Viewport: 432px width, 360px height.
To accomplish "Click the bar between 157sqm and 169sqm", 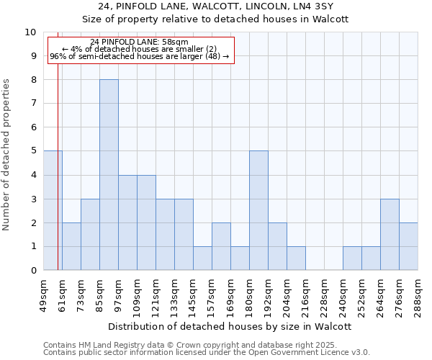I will tap(221, 246).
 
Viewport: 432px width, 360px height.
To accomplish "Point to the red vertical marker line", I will tap(58, 180).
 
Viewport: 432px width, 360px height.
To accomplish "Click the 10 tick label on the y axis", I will tap(30, 32).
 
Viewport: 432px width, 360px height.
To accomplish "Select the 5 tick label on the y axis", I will tap(33, 151).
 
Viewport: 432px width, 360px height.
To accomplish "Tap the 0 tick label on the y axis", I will tap(33, 270).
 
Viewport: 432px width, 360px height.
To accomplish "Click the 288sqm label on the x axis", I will tap(418, 294).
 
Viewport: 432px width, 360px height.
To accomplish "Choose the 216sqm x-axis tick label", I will tap(306, 294).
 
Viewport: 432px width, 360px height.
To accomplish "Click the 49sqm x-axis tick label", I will tap(44, 294).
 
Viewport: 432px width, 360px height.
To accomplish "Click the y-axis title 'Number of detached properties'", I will tap(7, 155).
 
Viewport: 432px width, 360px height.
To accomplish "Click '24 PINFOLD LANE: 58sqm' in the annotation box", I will tap(140, 42).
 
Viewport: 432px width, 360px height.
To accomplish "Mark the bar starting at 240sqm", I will tap(352, 258).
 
